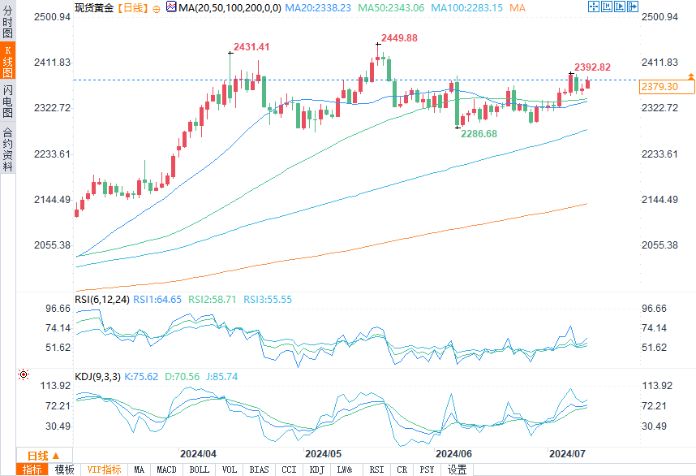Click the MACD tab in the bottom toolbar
[166, 470]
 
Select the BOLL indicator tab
[199, 470]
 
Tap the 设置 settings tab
[458, 470]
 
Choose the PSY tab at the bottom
[427, 470]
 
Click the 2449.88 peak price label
[398, 38]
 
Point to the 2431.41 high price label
[251, 47]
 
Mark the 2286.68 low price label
[479, 133]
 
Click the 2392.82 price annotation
[592, 67]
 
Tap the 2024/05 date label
[323, 453]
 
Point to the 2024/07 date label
[568, 453]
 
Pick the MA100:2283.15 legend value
[468, 6]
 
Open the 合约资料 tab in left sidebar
[8, 149]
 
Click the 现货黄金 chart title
[93, 6]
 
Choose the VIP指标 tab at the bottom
[104, 470]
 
